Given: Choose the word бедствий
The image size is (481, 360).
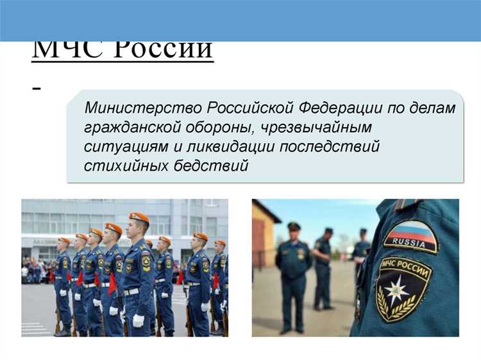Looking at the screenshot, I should point(211,166).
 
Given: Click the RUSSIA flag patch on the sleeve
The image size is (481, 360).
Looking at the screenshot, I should point(410,237).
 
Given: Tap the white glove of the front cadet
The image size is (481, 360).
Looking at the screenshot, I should point(138,319).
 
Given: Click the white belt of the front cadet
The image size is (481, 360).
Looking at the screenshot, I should point(131,292).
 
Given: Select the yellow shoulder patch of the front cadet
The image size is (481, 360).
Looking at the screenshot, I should point(146,261).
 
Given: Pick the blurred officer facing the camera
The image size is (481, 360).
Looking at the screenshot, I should point(293,270).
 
